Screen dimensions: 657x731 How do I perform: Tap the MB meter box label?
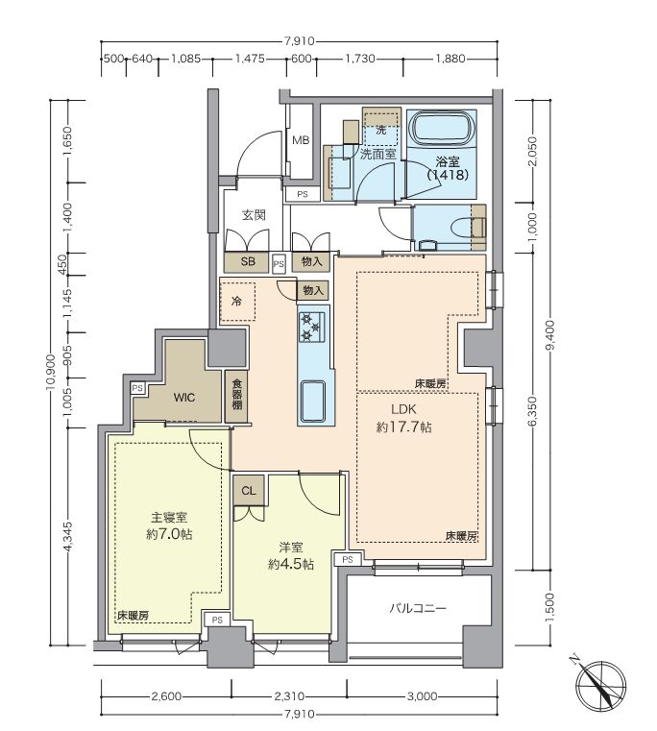[x=301, y=140]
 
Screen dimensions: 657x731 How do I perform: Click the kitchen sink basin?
[x=313, y=402]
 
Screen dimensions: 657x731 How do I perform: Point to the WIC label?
[x=184, y=398]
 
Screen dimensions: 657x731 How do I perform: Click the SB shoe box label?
[x=248, y=262]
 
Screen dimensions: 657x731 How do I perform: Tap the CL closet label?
[x=249, y=491]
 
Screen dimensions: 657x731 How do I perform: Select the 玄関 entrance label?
[x=254, y=215]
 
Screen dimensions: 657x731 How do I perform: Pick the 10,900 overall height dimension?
[x=51, y=371]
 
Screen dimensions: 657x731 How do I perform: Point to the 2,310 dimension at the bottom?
[x=289, y=696]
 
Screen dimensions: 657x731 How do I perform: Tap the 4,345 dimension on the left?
[x=68, y=536]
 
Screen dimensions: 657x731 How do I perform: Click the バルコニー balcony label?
[x=418, y=608]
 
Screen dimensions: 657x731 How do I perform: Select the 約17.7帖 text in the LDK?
[x=403, y=427]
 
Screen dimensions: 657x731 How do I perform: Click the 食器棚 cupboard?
[x=236, y=396]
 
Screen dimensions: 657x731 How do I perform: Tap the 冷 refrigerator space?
[x=237, y=302]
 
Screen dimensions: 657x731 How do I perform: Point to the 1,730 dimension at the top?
[x=359, y=60]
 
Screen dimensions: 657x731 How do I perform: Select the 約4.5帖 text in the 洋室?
[x=291, y=565]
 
